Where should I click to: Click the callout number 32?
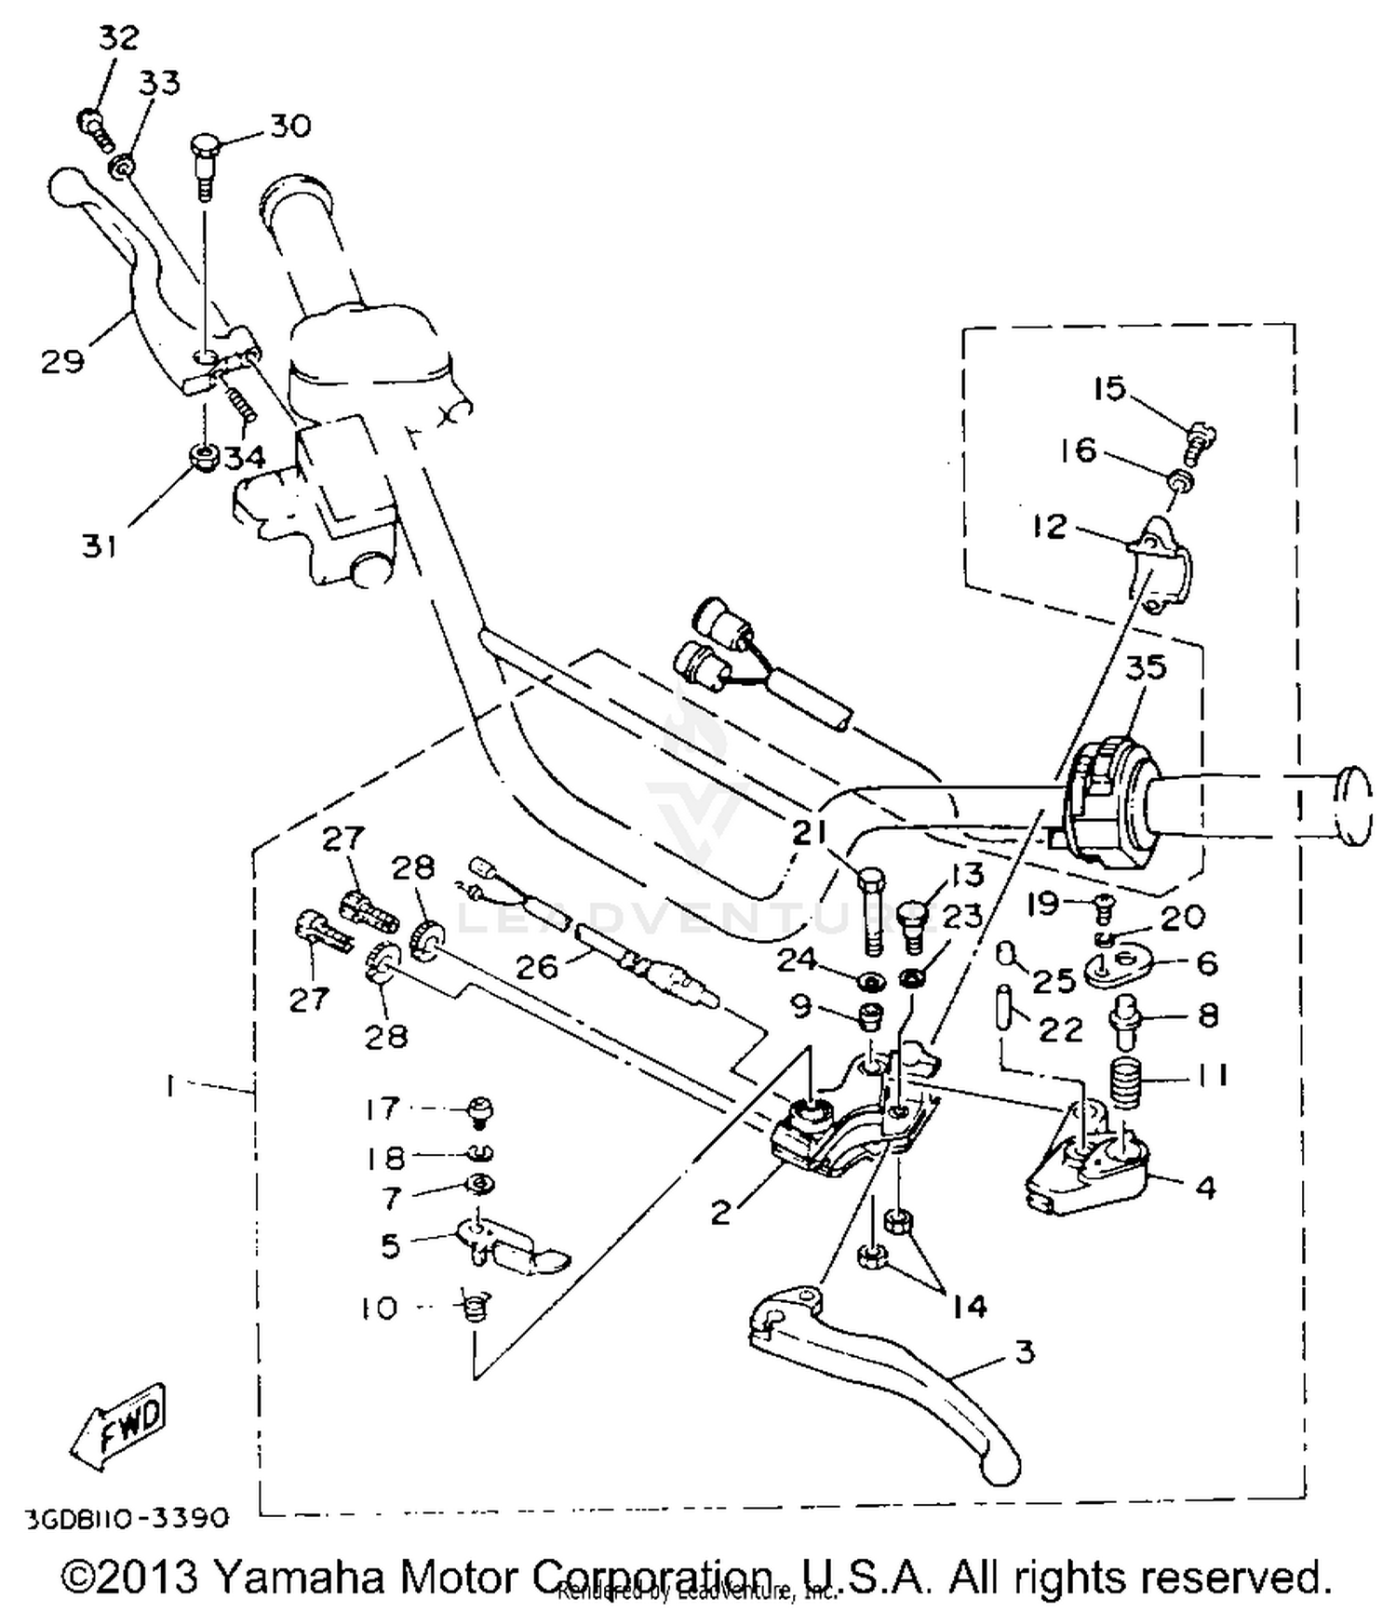tap(118, 38)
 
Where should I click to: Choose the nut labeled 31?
tap(202, 456)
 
